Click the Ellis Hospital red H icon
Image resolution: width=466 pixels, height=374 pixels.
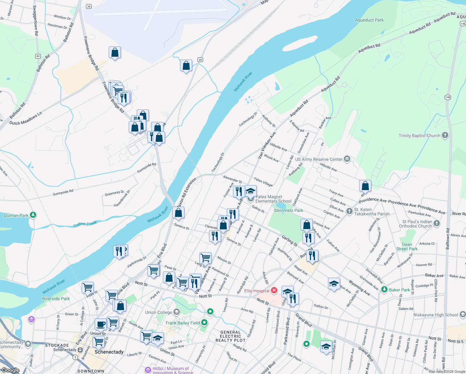(x=274, y=290)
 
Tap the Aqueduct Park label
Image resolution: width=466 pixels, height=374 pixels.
(x=369, y=20)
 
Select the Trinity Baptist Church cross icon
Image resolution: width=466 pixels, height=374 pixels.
(x=445, y=135)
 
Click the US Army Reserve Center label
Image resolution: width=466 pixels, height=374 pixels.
(x=319, y=159)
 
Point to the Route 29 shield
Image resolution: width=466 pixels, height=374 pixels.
(x=200, y=60)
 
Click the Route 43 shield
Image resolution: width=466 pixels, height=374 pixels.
(x=38, y=56)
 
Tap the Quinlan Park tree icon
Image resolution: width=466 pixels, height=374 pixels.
(x=33, y=215)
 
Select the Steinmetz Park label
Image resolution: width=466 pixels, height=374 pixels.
(x=288, y=210)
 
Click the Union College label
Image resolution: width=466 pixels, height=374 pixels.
(x=159, y=312)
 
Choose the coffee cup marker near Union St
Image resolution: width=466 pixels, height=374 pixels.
(x=101, y=324)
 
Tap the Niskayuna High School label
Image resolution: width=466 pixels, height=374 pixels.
(x=435, y=315)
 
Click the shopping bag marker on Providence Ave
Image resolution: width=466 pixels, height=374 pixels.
(x=365, y=186)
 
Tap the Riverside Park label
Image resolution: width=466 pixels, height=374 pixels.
(x=56, y=299)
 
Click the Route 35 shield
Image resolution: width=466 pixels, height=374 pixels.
(x=89, y=7)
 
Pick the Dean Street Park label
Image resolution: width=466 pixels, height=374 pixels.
(x=407, y=247)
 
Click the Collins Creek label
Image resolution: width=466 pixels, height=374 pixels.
(x=85, y=224)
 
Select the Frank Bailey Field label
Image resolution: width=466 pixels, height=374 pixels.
(x=183, y=323)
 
